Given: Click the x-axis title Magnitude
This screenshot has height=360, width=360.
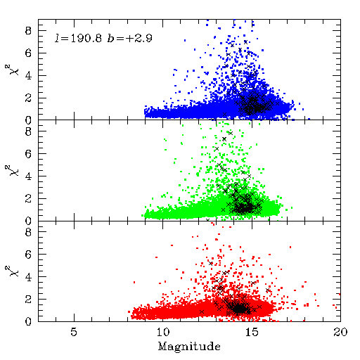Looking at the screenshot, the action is click(189, 347).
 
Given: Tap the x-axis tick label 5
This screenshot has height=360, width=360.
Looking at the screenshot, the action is click(74, 332).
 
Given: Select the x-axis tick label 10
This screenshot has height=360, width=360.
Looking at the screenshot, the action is click(163, 332).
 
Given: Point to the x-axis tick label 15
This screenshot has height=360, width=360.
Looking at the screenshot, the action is click(252, 332).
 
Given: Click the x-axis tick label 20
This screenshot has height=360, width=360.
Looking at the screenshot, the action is click(340, 332).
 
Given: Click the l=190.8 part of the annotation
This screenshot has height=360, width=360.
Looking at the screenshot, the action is click(78, 38).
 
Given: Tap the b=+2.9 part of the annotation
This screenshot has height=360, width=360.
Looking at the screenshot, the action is click(130, 38).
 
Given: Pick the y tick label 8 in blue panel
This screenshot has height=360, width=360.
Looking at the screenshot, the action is click(28, 30).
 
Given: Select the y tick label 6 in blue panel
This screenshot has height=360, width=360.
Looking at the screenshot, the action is click(28, 53).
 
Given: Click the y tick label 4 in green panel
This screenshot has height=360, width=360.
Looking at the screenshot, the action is click(28, 176).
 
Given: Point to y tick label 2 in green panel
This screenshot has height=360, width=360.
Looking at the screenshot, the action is click(28, 198).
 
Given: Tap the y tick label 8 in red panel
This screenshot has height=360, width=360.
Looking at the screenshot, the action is click(28, 232).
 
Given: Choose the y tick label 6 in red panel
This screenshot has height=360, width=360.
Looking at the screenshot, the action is click(28, 255).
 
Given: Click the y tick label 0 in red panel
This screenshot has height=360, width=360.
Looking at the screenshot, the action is click(28, 321).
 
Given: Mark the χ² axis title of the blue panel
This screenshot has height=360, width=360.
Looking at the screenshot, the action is click(13, 70).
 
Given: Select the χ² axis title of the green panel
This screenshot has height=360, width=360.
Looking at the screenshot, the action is click(13, 170).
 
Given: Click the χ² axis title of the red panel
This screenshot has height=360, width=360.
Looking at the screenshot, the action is click(13, 271).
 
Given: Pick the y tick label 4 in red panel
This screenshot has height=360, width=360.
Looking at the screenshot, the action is click(28, 277).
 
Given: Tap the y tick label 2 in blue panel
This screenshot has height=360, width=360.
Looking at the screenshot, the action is click(28, 98).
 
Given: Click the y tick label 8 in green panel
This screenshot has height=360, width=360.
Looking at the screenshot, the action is click(28, 131).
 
